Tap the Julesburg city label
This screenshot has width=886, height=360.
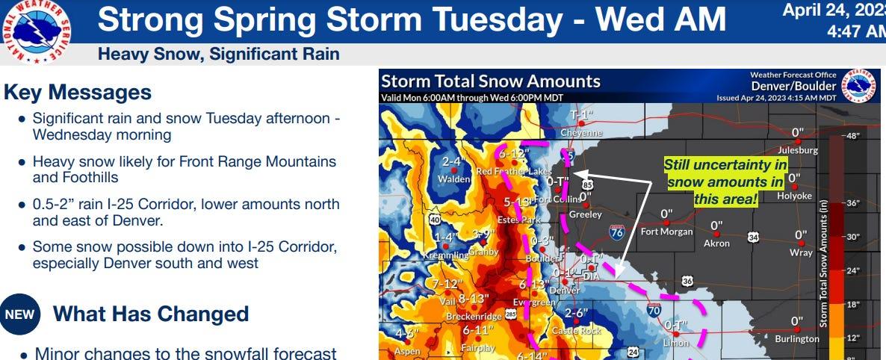pos(797,149)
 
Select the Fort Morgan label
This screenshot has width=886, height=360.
pos(666,231)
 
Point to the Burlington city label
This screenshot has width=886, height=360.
pos(797,338)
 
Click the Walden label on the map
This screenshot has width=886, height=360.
pos(453,179)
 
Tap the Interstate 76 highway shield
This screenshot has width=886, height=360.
pos(616,232)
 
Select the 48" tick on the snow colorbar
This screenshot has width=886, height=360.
pos(852,136)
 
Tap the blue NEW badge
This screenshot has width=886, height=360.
pos(19,314)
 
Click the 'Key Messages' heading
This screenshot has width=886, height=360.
pos(78,93)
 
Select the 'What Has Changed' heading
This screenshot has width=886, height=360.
pos(151,314)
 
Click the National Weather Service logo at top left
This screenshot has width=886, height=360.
pos(37,31)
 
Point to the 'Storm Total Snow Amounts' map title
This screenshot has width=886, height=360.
pos(490,81)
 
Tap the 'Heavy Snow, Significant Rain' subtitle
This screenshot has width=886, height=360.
pos(219,54)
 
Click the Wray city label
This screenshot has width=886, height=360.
pos(801,252)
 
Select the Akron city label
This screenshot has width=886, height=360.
pos(716,243)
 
